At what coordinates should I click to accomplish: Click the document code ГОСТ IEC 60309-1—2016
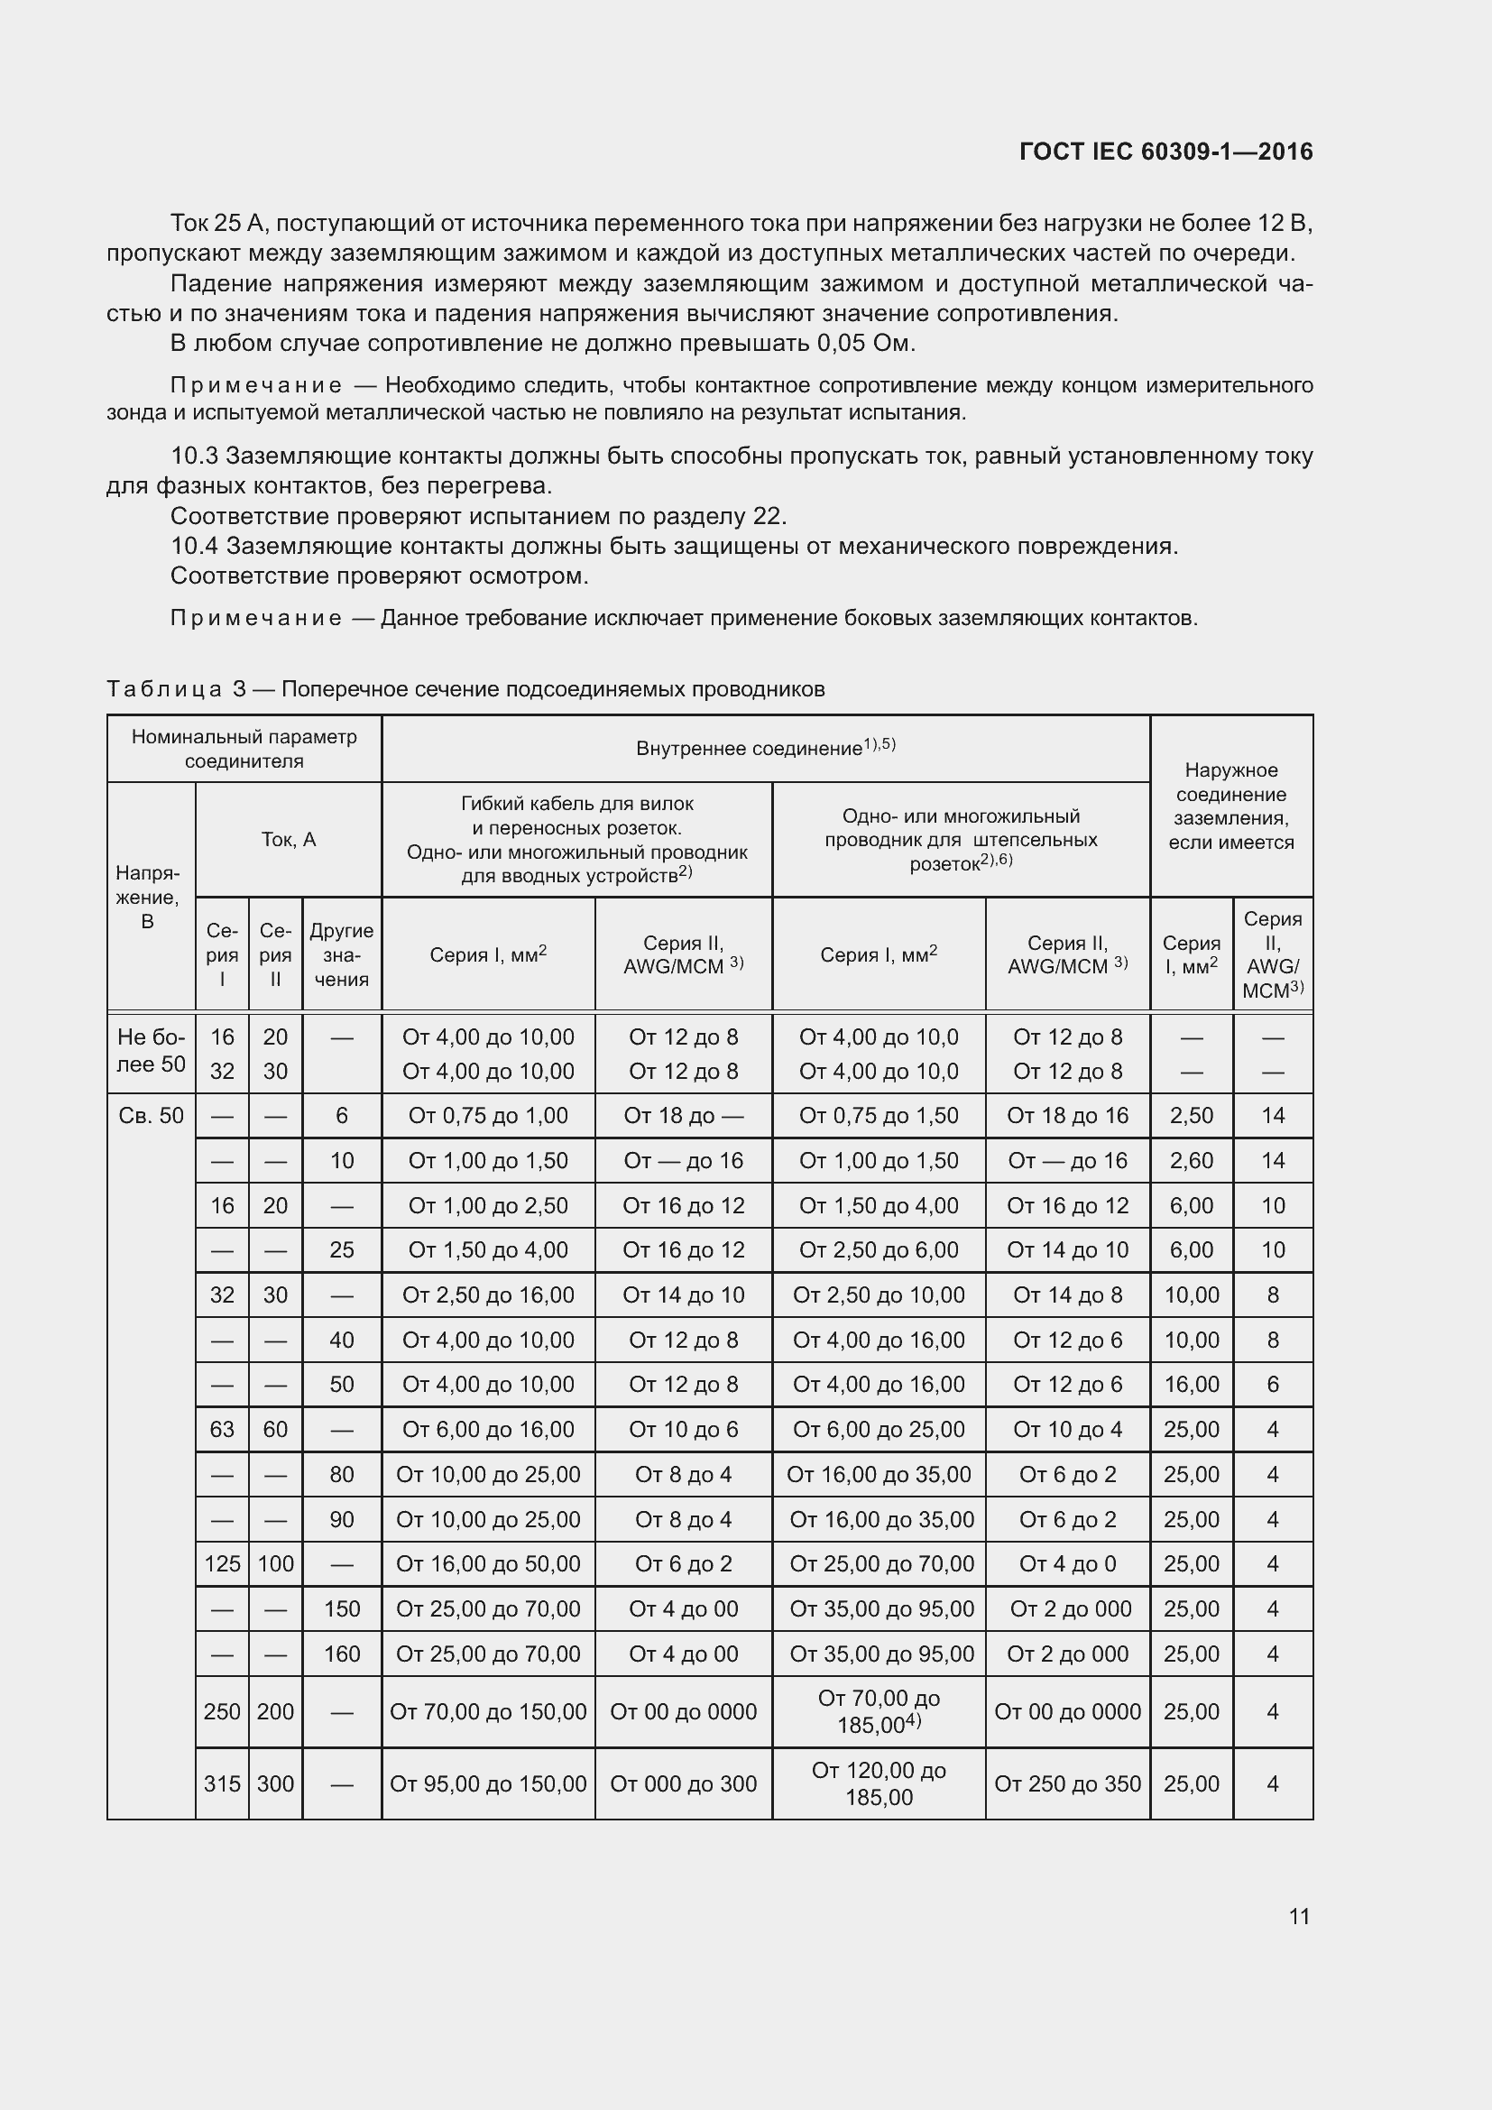pos(1165,152)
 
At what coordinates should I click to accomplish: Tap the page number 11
pos(1298,1916)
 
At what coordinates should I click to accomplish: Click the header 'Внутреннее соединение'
pos(765,748)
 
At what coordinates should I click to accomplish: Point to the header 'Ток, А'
pos(289,839)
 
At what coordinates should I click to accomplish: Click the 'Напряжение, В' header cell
pos(148,896)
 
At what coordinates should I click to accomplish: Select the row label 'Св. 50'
pos(151,1116)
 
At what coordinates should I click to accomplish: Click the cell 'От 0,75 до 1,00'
pos(488,1116)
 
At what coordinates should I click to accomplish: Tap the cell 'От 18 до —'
pos(683,1116)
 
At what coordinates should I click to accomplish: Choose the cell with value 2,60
pos(1191,1161)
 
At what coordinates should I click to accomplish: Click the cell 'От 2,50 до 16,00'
pos(488,1295)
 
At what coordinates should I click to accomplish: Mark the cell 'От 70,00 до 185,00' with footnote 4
pos(879,1711)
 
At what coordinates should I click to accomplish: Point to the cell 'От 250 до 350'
pos(1066,1783)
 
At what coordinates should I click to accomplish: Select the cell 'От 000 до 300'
pos(683,1783)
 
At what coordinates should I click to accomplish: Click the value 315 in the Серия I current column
pos(221,1783)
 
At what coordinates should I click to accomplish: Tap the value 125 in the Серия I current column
pos(221,1563)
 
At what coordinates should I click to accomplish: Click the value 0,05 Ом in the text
pos(865,344)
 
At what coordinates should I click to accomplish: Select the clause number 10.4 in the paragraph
pos(194,546)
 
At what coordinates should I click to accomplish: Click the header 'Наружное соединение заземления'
pos(1230,806)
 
